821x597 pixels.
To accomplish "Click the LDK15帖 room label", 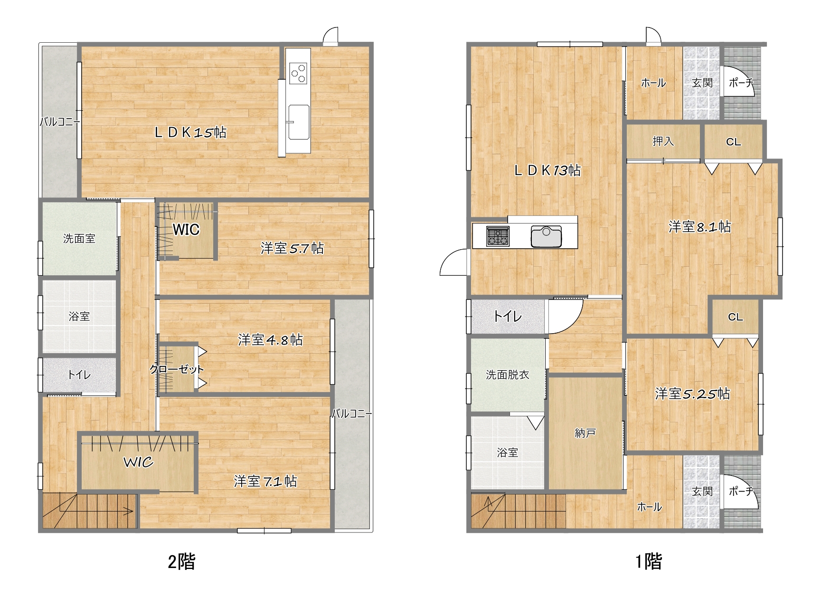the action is click(190, 132).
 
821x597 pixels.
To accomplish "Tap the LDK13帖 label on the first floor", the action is click(547, 170).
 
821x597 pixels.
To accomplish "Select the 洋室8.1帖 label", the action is click(699, 227).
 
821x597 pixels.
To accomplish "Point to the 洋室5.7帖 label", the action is click(292, 248).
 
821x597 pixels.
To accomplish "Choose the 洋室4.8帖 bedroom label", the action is click(270, 339).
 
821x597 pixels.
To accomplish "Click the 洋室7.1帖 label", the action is click(265, 481).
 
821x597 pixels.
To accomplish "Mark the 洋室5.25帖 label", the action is click(692, 393).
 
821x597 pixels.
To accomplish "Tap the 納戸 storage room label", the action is click(585, 433).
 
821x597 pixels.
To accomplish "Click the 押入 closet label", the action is click(663, 141).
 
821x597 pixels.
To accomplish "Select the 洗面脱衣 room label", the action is click(508, 374).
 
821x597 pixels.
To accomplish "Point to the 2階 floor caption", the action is click(181, 561).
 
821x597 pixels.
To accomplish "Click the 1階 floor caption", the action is click(649, 561).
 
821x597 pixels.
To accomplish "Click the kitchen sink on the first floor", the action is click(546, 236).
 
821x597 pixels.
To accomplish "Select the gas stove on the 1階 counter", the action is click(498, 236).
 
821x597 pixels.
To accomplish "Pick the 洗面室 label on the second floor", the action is click(79, 238).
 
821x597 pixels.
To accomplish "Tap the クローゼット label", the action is click(177, 369).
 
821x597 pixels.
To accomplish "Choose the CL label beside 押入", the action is click(733, 142).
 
